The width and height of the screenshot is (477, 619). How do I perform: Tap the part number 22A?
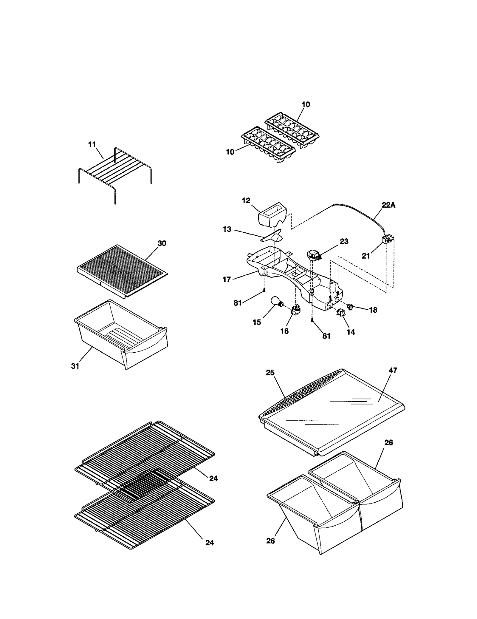pos(388,205)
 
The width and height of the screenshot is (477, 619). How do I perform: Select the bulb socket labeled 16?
pos(295,310)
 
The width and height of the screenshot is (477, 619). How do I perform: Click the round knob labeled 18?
pos(351,306)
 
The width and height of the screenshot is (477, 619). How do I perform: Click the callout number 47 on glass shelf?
pos(393,370)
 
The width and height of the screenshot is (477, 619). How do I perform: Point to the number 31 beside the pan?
pos(75,366)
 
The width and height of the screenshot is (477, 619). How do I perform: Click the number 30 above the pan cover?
pos(162,243)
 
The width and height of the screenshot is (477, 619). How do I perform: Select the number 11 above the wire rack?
pos(92,144)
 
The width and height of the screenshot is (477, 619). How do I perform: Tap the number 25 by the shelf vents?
pos(270,373)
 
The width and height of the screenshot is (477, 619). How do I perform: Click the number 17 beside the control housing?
pos(227,279)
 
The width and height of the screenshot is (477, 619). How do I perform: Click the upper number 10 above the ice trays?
pos(306,104)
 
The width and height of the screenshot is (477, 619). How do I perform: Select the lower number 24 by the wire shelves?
pos(210,543)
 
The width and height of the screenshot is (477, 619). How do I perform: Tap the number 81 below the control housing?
pos(326,336)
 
